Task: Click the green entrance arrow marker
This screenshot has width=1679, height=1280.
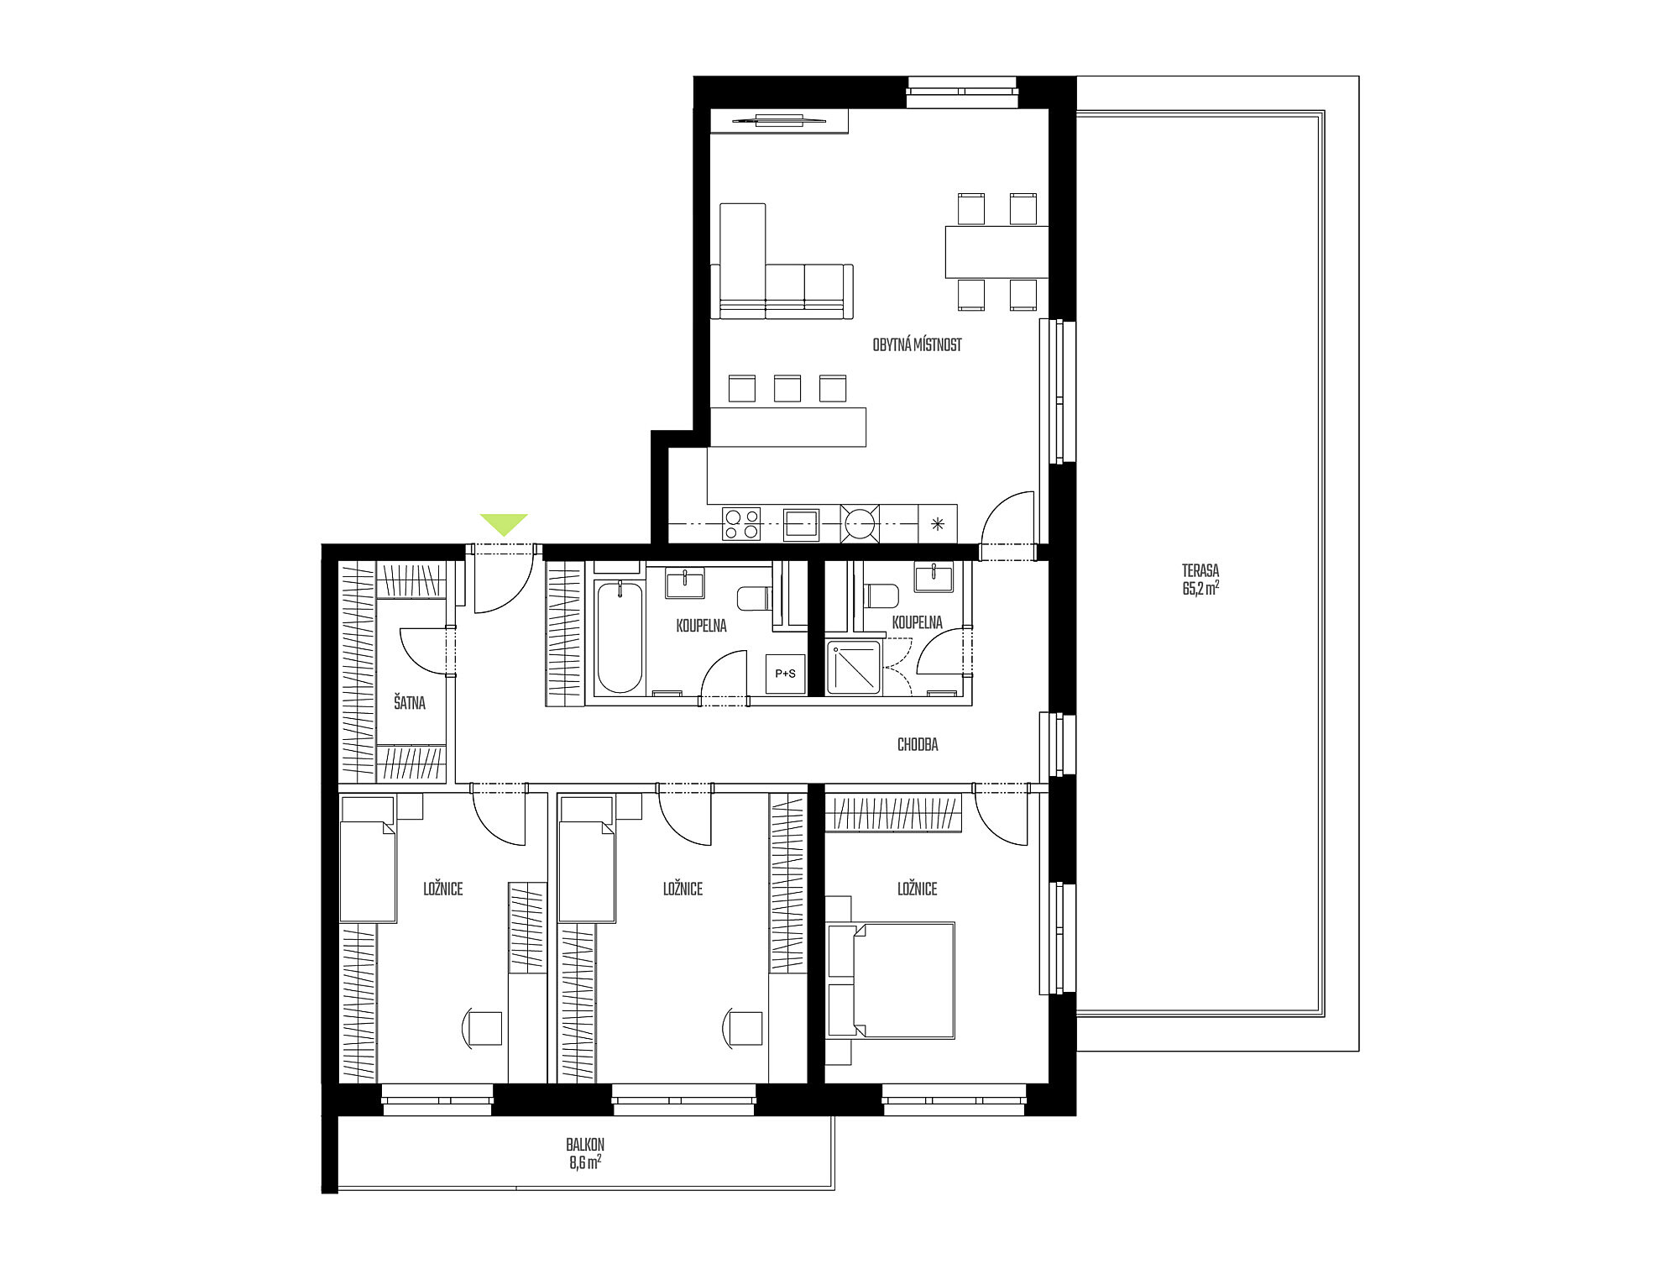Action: click(x=504, y=522)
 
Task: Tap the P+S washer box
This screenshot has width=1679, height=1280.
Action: click(x=785, y=673)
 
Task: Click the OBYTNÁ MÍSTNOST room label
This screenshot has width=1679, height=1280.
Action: click(x=917, y=345)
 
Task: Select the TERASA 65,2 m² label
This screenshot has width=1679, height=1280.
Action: click(x=1200, y=580)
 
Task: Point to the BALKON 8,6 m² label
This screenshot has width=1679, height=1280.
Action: click(x=585, y=1154)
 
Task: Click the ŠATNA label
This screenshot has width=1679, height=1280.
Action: click(x=410, y=702)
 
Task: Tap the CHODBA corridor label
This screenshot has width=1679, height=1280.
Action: click(x=918, y=744)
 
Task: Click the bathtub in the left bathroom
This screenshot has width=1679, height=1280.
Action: click(x=619, y=637)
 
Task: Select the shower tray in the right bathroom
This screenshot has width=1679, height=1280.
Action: click(x=854, y=668)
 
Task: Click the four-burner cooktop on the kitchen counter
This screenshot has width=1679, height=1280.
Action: click(x=741, y=524)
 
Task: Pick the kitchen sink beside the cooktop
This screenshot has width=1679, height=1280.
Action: click(x=801, y=524)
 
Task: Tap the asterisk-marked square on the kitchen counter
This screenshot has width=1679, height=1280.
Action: click(x=938, y=524)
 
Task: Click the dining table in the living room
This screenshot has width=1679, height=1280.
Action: click(x=996, y=251)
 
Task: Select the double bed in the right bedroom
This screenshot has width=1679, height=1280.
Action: click(x=891, y=981)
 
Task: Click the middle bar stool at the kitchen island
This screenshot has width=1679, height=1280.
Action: click(x=787, y=388)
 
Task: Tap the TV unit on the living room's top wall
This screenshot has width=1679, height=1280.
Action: click(x=779, y=120)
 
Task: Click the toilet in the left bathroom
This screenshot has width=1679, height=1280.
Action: click(x=754, y=598)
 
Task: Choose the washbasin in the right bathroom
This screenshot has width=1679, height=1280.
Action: click(x=933, y=578)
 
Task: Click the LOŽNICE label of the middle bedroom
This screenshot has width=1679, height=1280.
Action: click(x=683, y=889)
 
